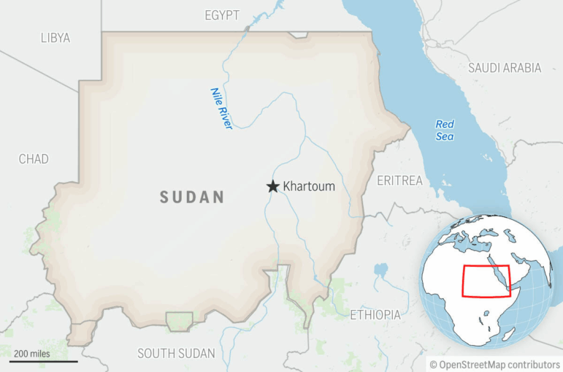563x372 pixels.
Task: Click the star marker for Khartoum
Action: [273, 186]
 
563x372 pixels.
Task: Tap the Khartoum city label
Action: [309, 186]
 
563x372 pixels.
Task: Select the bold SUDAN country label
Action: [192, 197]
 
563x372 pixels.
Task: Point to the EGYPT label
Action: [222, 15]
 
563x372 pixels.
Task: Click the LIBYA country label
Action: [55, 38]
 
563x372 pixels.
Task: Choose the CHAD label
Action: [34, 159]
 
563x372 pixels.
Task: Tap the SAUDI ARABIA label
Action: [505, 68]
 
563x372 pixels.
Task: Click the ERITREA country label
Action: [399, 180]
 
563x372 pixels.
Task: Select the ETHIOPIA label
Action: [375, 315]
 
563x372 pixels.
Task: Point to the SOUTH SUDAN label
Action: [176, 354]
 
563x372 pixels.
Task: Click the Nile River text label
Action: [221, 109]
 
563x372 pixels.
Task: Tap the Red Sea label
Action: [445, 130]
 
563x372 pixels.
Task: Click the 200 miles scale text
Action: [32, 354]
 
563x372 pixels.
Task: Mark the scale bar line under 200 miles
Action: [43, 361]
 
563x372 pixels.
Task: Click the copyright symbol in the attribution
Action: [433, 364]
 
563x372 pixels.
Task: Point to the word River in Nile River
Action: [225, 117]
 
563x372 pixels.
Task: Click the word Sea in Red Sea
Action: [445, 137]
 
